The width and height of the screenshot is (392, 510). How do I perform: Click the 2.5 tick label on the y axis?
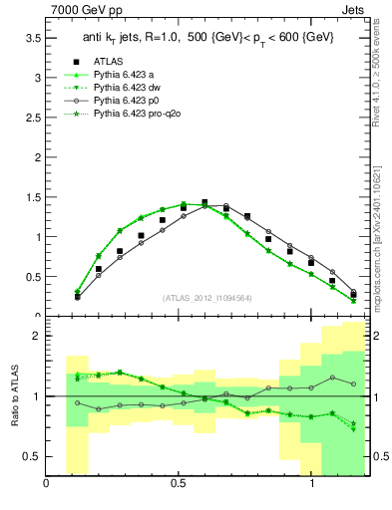pos(33,117)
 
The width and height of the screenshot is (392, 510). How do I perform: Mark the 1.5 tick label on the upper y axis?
pos(33,196)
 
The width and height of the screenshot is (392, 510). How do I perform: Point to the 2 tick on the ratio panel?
pos(37,336)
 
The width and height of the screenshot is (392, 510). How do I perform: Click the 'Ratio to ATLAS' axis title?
pos(15,396)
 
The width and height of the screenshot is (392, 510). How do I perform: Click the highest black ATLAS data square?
pos(204,202)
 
